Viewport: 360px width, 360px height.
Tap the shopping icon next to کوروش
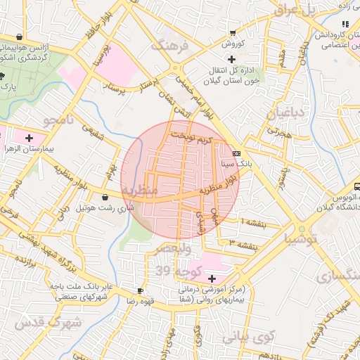pyautogui.click(x=232, y=33)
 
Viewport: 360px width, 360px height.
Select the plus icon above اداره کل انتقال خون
pyautogui.click(x=231, y=59)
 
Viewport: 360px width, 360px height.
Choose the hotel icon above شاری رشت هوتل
pyautogui.click(x=105, y=198)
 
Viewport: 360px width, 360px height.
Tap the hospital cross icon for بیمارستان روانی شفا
pyautogui.click(x=212, y=279)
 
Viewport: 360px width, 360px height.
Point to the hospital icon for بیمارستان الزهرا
pyautogui.click(x=29, y=138)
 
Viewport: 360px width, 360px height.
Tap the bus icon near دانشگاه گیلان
pyautogui.click(x=356, y=187)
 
